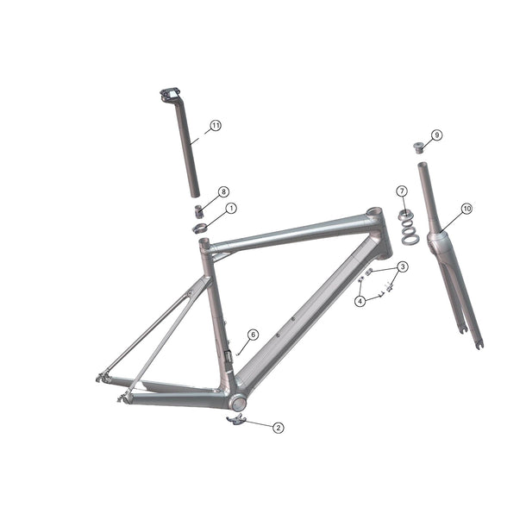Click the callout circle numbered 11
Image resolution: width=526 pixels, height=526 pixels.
click(215, 125)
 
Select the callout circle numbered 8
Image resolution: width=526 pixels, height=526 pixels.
click(223, 191)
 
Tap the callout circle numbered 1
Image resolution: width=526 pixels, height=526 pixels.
click(231, 209)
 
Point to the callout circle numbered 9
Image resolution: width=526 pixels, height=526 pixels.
click(437, 135)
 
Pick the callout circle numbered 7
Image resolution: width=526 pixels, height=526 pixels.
click(402, 191)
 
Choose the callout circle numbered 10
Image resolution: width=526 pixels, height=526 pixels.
click(467, 209)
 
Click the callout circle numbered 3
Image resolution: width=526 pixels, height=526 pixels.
click(403, 267)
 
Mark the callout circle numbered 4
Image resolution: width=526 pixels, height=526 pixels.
click(360, 301)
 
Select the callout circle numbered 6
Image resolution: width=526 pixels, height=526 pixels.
click(253, 334)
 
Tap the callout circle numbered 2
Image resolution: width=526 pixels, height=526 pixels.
click(278, 427)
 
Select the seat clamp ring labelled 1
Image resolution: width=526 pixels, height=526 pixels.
click(200, 229)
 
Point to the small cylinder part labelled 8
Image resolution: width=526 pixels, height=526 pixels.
click(197, 210)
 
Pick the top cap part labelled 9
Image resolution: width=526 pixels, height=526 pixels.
click(420, 146)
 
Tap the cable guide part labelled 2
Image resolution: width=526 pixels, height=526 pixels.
click(235, 420)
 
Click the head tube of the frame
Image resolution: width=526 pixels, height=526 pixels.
click(379, 232)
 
